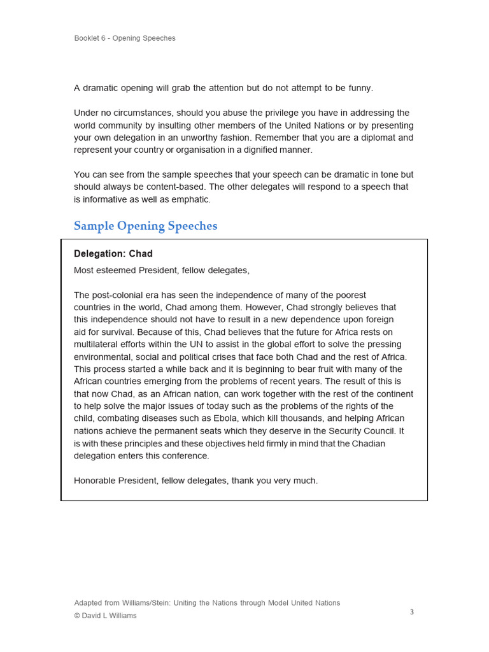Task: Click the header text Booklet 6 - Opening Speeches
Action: (x=125, y=38)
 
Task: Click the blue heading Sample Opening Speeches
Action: (x=145, y=226)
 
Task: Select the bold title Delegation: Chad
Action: (x=113, y=253)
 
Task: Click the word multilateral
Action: (x=97, y=344)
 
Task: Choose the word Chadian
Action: (x=369, y=443)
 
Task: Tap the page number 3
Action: (x=412, y=612)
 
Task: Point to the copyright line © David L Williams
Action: (x=105, y=616)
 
